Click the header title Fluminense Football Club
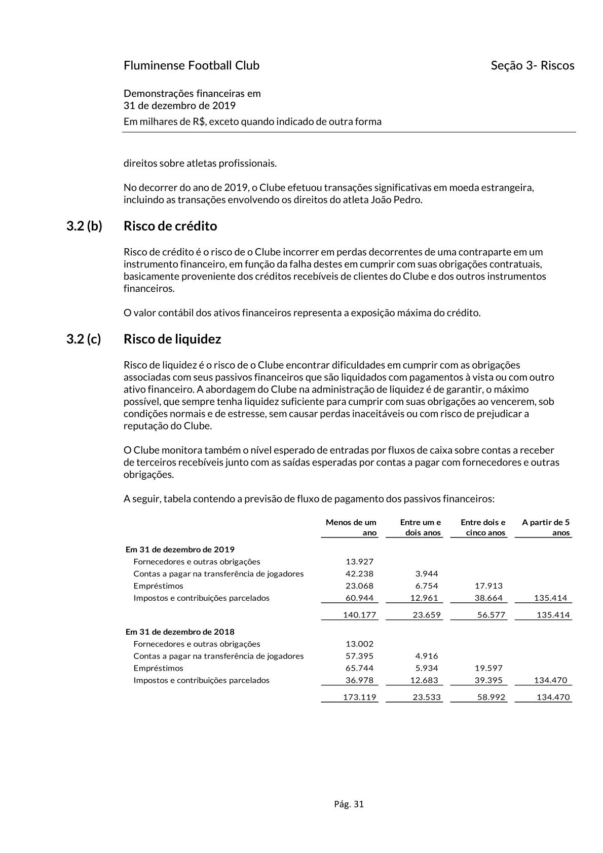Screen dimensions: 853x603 tap(191, 65)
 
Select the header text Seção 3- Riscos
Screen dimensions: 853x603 tap(532, 65)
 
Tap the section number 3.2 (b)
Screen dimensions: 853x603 tap(84, 226)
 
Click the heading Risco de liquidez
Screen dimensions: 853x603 tap(172, 339)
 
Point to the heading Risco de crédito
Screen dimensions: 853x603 tap(170, 226)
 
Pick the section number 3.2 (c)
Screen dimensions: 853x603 tap(84, 339)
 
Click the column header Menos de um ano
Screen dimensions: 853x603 tap(351, 527)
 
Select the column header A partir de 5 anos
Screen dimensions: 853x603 tap(546, 527)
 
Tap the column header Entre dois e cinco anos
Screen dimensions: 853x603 tap(482, 527)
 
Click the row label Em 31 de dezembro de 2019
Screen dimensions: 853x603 tap(180, 549)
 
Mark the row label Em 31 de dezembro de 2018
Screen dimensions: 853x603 tap(180, 632)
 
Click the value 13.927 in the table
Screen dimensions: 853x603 tap(359, 561)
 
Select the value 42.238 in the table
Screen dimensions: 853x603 tap(359, 573)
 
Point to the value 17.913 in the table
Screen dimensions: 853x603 tap(488, 586)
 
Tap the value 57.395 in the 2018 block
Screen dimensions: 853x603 tap(359, 656)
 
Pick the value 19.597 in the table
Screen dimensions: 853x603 tap(488, 668)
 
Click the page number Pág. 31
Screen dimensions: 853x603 tap(349, 804)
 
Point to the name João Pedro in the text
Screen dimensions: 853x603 tap(396, 200)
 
